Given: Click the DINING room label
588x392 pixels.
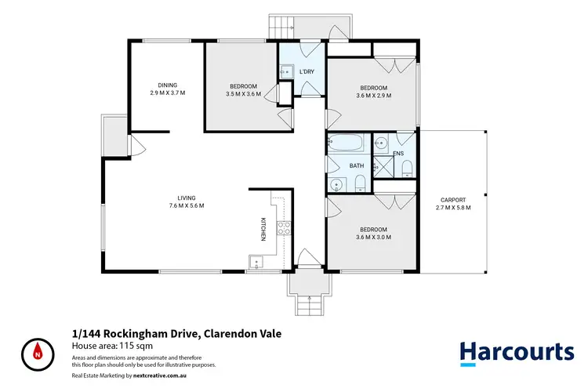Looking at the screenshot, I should (x=167, y=85).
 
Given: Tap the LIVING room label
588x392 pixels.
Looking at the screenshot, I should (x=186, y=198).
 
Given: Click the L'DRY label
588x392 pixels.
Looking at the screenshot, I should (x=307, y=72).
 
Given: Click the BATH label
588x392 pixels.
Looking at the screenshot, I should (x=357, y=166).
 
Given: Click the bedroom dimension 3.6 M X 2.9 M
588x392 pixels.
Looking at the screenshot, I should (x=373, y=96).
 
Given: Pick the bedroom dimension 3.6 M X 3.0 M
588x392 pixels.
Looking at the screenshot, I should (x=373, y=238).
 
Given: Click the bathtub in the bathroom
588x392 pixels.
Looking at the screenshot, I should (x=347, y=144).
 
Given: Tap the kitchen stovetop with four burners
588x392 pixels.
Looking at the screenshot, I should (x=284, y=229).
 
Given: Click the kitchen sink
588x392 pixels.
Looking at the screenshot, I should (x=254, y=261).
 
